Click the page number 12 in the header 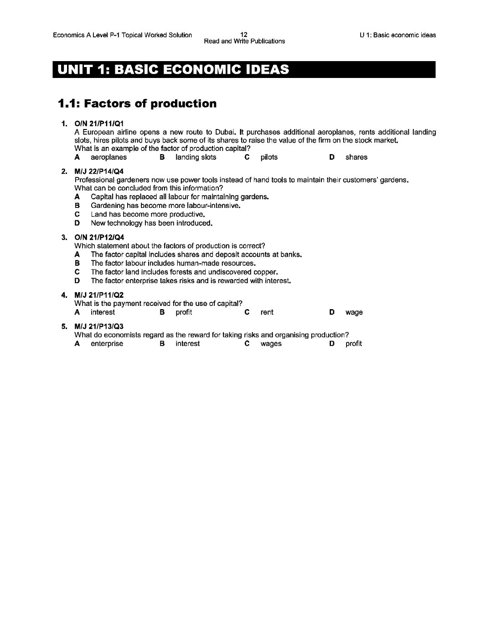coord(244,35)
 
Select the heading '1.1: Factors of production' coord(137,104)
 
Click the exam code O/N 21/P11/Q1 coord(99,124)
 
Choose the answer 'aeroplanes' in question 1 coord(108,157)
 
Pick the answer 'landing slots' coord(196,157)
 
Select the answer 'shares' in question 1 coord(356,157)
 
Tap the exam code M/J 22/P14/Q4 coord(99,171)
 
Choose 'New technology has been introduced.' coord(152,223)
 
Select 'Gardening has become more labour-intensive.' coord(165,206)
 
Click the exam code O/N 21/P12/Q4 coord(99,237)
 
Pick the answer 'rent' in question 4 coord(267,312)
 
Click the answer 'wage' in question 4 coord(354,312)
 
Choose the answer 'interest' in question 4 coord(103,312)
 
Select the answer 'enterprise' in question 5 coord(107,344)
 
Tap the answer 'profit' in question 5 coord(353,344)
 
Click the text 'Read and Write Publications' coord(244,41)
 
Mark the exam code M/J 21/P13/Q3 coord(99,326)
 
